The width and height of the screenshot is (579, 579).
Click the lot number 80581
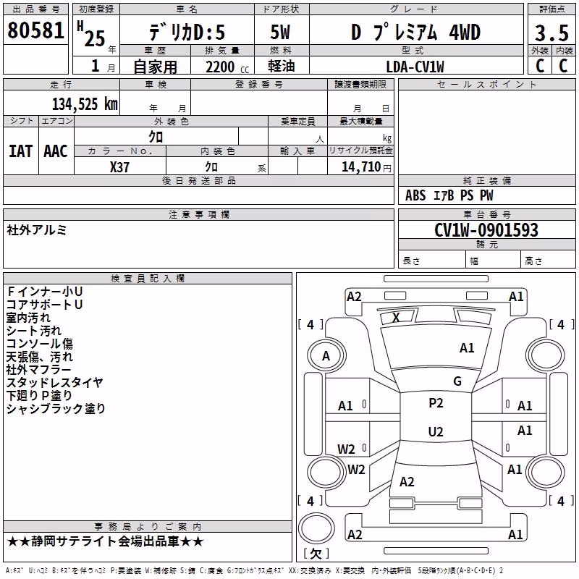pos(35,30)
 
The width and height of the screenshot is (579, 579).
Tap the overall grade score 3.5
pos(551,33)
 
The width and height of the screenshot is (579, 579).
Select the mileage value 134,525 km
pos(85,104)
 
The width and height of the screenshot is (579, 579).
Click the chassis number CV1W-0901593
pos(486,230)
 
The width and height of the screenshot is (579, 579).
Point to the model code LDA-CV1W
pos(415,67)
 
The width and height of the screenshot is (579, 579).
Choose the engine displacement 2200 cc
pos(227,67)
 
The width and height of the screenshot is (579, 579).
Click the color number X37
pos(119,167)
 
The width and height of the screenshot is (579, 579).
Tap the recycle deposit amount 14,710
pos(361,166)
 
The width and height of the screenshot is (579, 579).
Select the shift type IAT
pos(20,151)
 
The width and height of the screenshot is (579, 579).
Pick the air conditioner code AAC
pos(56,151)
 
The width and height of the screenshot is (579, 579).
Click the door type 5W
pos(280,32)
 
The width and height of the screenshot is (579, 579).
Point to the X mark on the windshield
pos(396,317)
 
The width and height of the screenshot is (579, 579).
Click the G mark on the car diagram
pos(457,381)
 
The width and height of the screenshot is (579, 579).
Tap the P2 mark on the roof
pos(436,403)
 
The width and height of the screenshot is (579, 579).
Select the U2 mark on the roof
pos(436,431)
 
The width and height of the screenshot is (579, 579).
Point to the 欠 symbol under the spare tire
pos(316,553)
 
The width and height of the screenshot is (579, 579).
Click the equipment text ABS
pos(415,195)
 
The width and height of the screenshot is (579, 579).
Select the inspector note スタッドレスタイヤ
pos(54,382)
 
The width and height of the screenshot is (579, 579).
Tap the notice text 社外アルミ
pos(37,230)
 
